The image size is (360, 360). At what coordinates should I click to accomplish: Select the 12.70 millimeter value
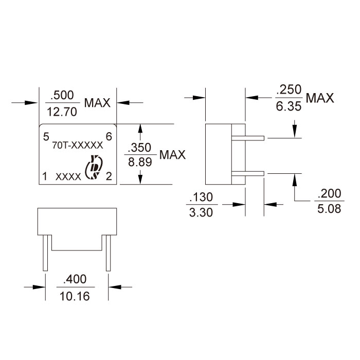62,112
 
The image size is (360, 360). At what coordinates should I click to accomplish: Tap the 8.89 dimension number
140,163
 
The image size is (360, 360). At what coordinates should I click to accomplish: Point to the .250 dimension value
289,89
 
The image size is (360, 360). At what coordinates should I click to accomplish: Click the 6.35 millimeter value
289,106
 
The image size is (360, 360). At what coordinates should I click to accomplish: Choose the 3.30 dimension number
201,212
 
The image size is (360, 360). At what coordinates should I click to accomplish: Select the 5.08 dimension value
329,209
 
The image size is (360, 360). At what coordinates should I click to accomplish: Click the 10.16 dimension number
75,296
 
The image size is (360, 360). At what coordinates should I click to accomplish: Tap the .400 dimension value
75,279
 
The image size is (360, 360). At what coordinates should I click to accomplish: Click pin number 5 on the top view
46,137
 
